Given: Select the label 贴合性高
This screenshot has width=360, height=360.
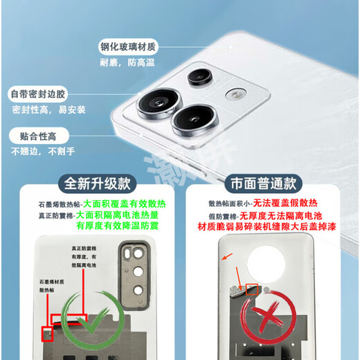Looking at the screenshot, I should (x=34, y=136).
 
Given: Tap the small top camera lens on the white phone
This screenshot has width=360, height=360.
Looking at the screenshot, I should (x=201, y=77).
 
